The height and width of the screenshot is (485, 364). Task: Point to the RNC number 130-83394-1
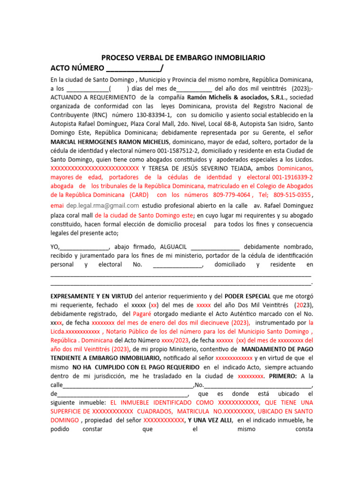153,115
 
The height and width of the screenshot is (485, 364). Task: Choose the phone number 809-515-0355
292,195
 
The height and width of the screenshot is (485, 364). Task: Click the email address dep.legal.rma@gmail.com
103,206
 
